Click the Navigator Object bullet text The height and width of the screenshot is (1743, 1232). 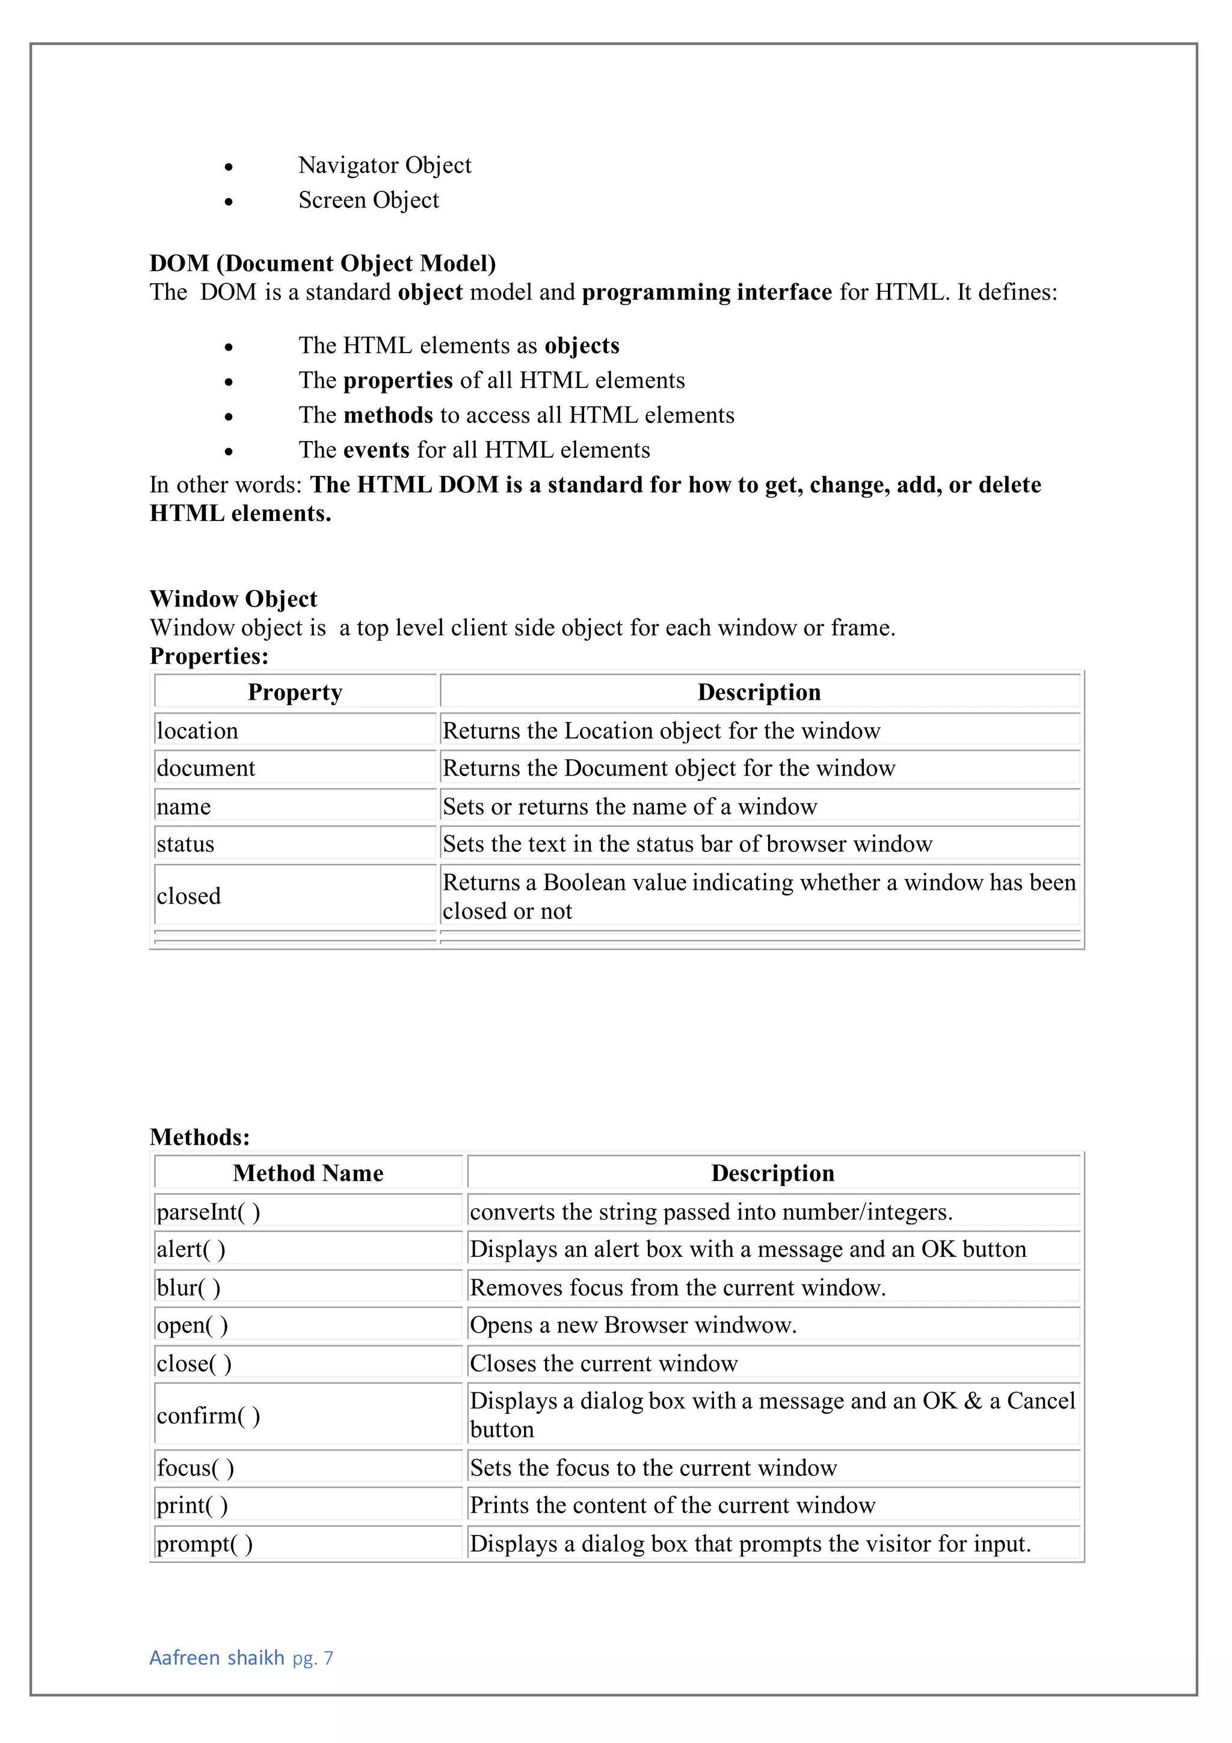pyautogui.click(x=384, y=165)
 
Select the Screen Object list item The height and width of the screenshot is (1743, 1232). pyautogui.click(x=368, y=200)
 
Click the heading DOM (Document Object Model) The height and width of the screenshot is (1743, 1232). pyautogui.click(x=322, y=264)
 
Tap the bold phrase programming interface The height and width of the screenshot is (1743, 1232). pyautogui.click(x=707, y=292)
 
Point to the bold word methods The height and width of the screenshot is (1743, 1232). pyautogui.click(x=388, y=415)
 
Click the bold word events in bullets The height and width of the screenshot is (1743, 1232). pyautogui.click(x=377, y=450)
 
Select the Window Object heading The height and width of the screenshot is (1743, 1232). pyautogui.click(x=233, y=599)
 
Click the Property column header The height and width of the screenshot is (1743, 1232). pyautogui.click(x=295, y=693)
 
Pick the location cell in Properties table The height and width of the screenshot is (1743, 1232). pyautogui.click(x=197, y=731)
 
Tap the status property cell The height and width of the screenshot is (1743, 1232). pyautogui.click(x=186, y=844)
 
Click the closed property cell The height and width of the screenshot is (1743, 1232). pyautogui.click(x=189, y=896)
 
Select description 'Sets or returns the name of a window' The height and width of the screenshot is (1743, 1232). pyautogui.click(x=629, y=806)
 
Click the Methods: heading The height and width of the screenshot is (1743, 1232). pyautogui.click(x=200, y=1137)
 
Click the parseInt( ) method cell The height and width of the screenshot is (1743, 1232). pyautogui.click(x=209, y=1212)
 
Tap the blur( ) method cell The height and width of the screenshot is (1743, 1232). pyautogui.click(x=189, y=1288)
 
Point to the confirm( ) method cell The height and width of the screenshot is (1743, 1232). pyautogui.click(x=209, y=1416)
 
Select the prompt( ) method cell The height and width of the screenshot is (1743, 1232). pyautogui.click(x=205, y=1544)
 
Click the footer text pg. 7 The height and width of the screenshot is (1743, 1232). pyautogui.click(x=313, y=1659)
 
